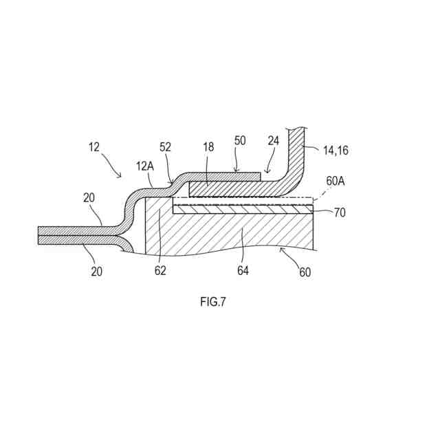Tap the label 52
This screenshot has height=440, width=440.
pos(165,146)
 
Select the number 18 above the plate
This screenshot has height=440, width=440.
pos(209,147)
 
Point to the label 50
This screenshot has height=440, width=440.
pos(240,141)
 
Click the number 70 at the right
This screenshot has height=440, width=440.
pos(340,213)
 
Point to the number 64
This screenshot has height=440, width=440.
pos(243,271)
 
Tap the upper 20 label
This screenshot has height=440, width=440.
pos(89,197)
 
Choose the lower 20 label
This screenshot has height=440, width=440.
pos(96,271)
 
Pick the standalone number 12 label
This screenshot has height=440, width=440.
pos(94,146)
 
